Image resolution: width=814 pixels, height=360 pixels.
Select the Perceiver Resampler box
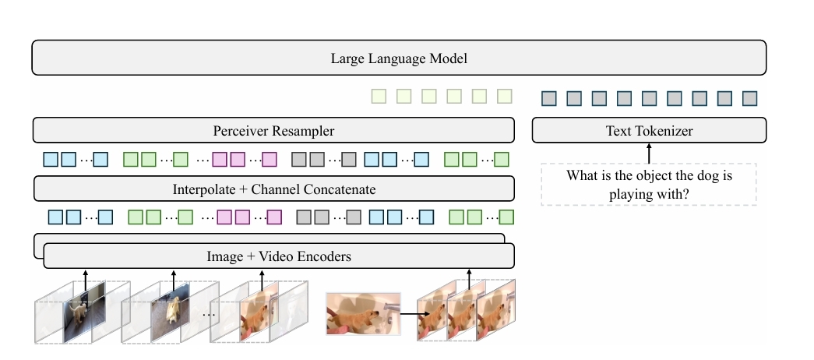273,130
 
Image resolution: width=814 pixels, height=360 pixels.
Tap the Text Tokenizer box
649,130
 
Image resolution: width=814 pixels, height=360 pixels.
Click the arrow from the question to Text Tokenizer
649,153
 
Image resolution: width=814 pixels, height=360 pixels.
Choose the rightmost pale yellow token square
505,97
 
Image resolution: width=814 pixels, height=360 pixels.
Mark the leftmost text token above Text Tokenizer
549,98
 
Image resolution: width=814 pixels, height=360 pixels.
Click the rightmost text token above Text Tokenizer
749,98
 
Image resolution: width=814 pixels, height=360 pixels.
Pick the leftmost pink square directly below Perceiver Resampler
220,160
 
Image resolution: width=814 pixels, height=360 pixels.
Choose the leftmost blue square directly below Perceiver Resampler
51,160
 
